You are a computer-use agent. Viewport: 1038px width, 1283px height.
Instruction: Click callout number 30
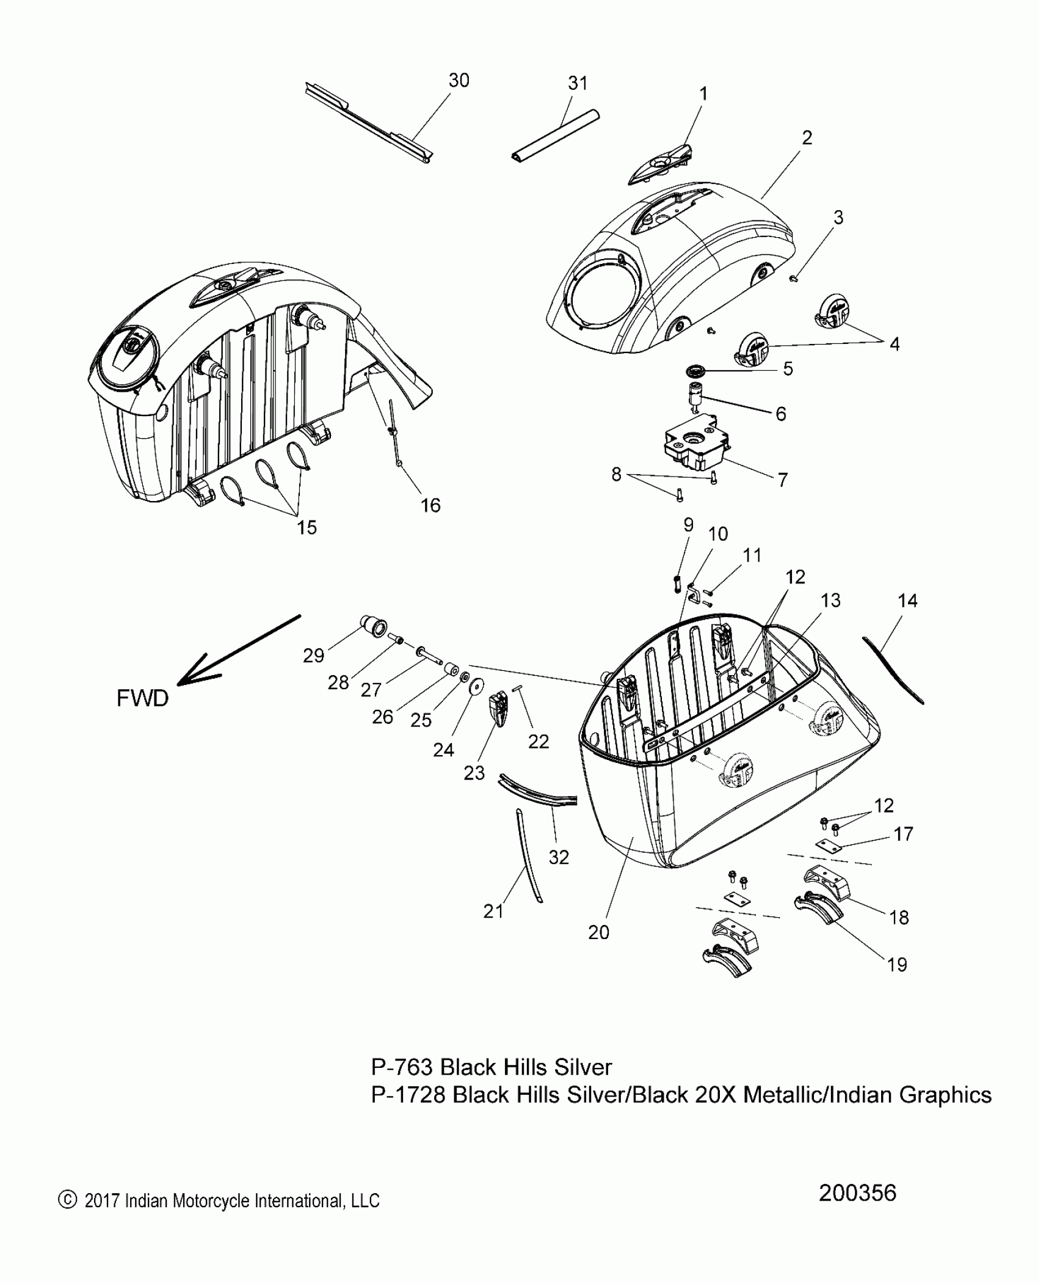tap(459, 81)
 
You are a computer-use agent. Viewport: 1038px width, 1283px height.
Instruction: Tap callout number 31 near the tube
tap(578, 83)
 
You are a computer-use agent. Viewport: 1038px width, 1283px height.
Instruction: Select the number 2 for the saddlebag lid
tap(807, 138)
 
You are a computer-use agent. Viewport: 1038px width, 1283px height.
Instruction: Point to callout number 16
tap(430, 505)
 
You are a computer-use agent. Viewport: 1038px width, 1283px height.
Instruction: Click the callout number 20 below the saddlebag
tap(598, 932)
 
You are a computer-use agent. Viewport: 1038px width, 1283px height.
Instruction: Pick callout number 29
tap(313, 656)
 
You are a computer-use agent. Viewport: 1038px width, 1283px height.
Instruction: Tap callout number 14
tap(907, 601)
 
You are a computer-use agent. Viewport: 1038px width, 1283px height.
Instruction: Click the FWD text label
tap(142, 698)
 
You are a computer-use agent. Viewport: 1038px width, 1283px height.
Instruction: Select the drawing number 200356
tap(857, 1210)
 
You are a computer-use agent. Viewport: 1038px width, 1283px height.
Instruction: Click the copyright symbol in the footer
tap(65, 1217)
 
